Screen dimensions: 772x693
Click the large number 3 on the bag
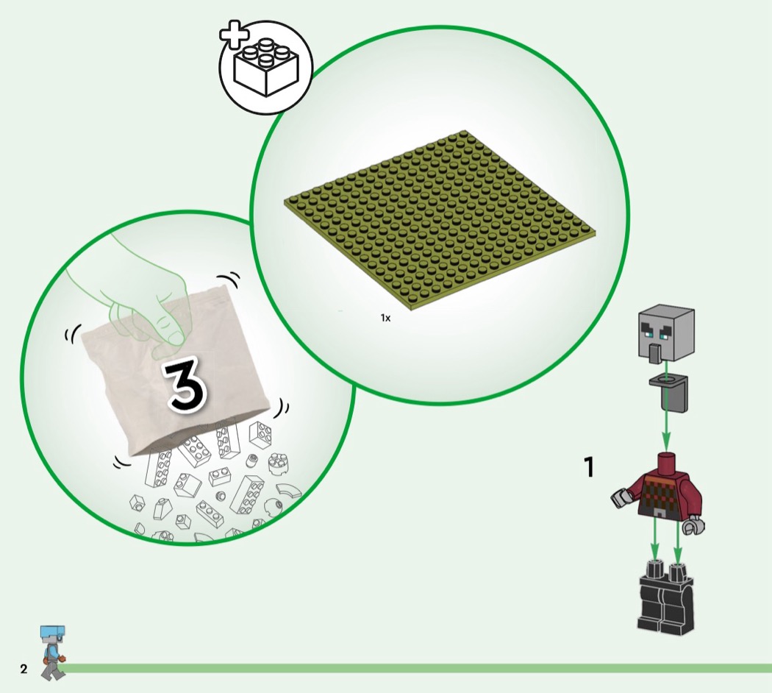[185, 383]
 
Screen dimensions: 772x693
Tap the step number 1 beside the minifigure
[589, 467]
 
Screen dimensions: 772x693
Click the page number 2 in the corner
[24, 669]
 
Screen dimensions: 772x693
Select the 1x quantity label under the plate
[385, 319]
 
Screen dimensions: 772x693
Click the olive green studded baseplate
[440, 221]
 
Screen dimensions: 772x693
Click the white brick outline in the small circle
[266, 67]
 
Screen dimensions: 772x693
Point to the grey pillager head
[666, 335]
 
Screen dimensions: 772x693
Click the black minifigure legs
[666, 598]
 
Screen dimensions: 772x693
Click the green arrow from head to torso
[665, 405]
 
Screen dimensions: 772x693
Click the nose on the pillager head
[654, 353]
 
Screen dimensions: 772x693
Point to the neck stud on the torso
[666, 461]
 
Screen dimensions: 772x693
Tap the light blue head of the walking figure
[53, 633]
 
